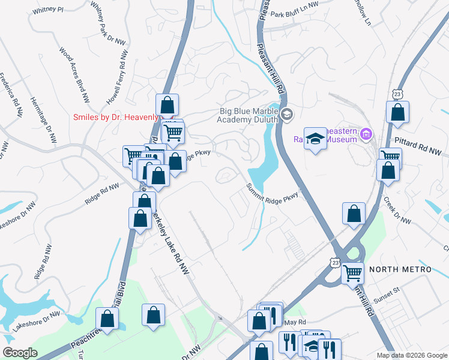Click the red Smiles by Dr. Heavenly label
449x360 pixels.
tap(115, 118)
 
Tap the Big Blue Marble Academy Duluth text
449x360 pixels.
tap(249, 115)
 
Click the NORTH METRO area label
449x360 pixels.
tap(400, 269)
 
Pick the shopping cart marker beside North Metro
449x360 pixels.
tap(352, 272)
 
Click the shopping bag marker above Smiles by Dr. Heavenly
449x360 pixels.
tap(167, 104)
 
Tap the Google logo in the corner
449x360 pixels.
tap(20, 353)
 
